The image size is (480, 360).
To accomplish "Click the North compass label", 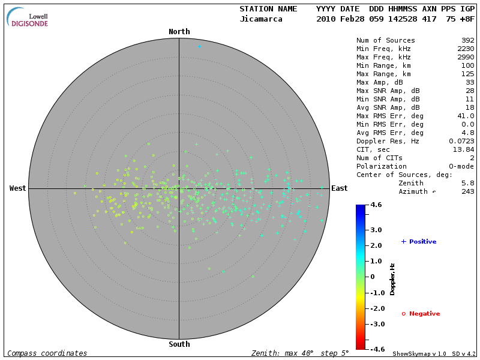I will pyautogui.click(x=179, y=32).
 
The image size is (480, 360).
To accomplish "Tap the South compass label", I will pyautogui.click(x=179, y=344).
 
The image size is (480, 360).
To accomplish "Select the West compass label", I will pyautogui.click(x=17, y=188).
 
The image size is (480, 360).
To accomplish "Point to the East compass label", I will pyautogui.click(x=340, y=188).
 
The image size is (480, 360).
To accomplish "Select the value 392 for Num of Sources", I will pyautogui.click(x=466, y=41).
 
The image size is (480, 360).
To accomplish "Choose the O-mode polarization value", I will pyautogui.click(x=460, y=166).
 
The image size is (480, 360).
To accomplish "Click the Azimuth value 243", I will pyautogui.click(x=466, y=191).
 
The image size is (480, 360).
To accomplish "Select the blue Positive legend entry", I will pyautogui.click(x=419, y=242).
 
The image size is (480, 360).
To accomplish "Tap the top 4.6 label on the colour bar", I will pyautogui.click(x=376, y=205).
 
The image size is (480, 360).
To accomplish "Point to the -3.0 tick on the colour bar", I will pyautogui.click(x=376, y=324).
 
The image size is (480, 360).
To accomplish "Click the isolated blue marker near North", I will pyautogui.click(x=199, y=46).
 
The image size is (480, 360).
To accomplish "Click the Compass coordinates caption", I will pyautogui.click(x=47, y=353).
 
